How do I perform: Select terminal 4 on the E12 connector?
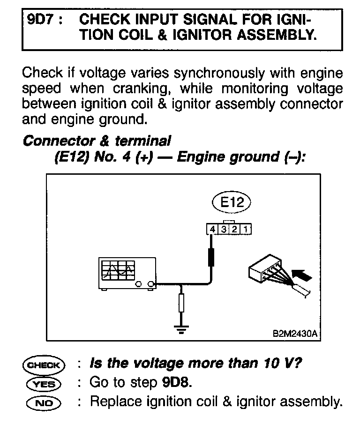(213, 230)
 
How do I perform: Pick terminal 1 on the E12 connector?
(247, 230)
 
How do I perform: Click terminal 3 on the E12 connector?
(224, 230)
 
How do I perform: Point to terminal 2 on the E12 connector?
(235, 230)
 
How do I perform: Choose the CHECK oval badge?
(44, 365)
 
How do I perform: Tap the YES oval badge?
(44, 384)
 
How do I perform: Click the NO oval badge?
(44, 402)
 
